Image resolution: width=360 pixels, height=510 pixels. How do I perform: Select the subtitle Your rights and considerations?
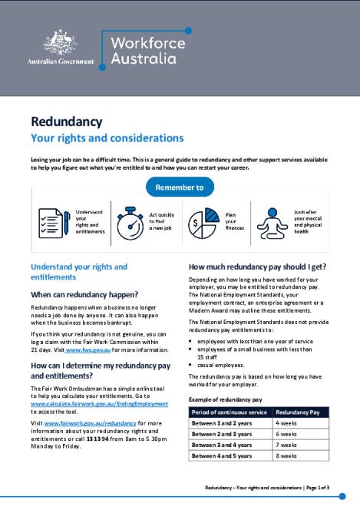click(x=107, y=139)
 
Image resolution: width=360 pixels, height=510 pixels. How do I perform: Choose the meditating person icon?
click(x=270, y=220)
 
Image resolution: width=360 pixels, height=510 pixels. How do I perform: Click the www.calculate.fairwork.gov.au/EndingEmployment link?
click(x=99, y=402)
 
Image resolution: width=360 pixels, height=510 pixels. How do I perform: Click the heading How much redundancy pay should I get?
click(x=257, y=267)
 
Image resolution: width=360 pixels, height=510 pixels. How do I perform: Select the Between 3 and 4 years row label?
click(x=222, y=444)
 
